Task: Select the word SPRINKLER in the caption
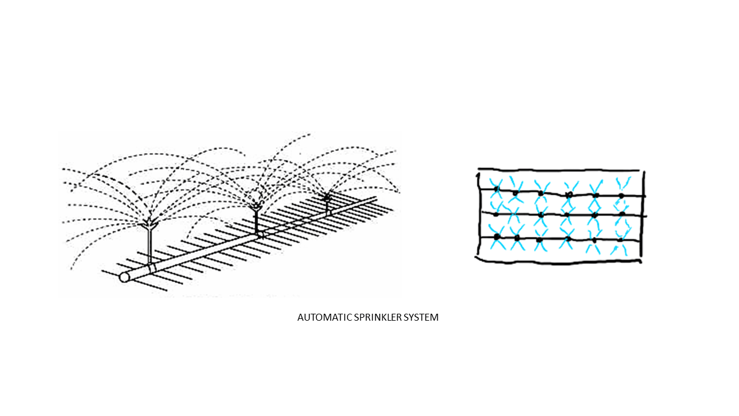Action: (x=373, y=317)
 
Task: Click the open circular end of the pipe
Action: (x=124, y=277)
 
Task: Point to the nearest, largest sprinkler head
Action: (x=149, y=222)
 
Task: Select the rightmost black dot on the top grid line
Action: (x=621, y=196)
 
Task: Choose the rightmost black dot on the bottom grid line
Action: (x=620, y=239)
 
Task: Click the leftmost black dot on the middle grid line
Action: (x=495, y=214)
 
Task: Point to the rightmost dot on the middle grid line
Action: (x=622, y=214)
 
